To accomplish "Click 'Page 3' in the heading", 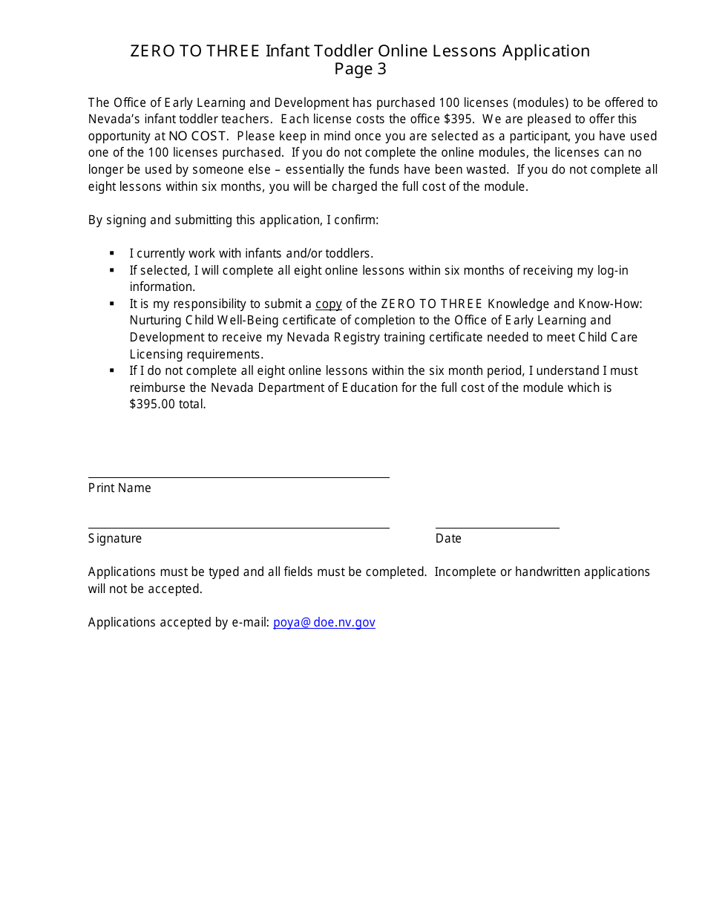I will tap(360, 69).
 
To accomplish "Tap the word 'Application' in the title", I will tap(545, 50).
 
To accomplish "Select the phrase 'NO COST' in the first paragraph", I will tap(198, 136).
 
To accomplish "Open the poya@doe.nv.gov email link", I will tap(324, 622).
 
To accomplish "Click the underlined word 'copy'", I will tap(329, 304).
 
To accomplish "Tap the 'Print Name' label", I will tap(119, 488).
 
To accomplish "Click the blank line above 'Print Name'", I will tap(238, 477).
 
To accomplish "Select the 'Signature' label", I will tap(115, 538).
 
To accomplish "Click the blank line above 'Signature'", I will tap(238, 527).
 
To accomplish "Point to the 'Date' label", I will tap(448, 538).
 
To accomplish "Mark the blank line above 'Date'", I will tap(497, 527).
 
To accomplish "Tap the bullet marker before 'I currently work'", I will tap(112, 254).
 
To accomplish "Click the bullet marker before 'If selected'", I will tap(112, 271).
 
